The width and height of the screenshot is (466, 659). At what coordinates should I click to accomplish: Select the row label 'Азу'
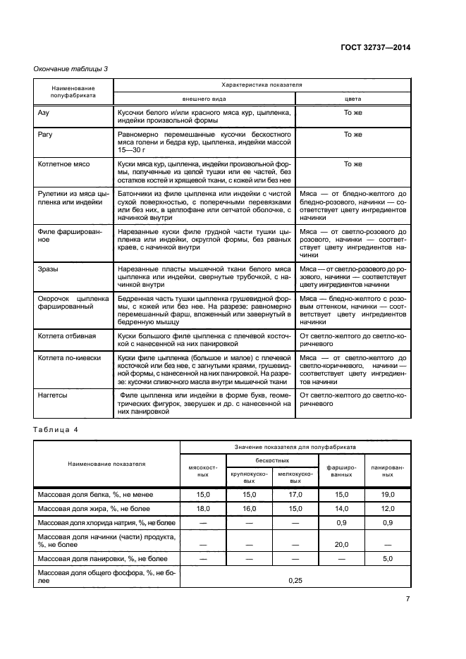[x=43, y=111]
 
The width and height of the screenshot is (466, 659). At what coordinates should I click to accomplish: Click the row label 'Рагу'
[x=45, y=134]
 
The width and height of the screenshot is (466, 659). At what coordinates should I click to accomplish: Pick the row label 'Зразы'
[x=48, y=269]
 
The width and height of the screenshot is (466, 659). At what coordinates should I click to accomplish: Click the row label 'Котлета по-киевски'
[x=69, y=358]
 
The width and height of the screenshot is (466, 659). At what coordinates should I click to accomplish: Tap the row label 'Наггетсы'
[x=53, y=395]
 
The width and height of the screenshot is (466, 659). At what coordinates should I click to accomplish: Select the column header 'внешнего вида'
[x=204, y=99]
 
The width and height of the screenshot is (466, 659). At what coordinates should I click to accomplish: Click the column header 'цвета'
[x=352, y=99]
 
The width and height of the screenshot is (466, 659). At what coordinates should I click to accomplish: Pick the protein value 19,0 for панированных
[x=388, y=495]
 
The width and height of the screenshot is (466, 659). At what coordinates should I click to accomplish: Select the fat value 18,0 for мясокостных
[x=203, y=507]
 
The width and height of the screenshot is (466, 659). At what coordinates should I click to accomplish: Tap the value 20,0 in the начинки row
[x=342, y=544]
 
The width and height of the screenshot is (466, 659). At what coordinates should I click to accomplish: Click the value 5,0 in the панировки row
[x=388, y=559]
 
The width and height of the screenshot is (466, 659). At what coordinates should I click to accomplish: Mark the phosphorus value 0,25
[x=295, y=579]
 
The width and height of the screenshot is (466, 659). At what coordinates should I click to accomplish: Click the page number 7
[x=407, y=600]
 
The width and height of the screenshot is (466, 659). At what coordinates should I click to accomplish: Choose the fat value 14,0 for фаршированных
[x=342, y=507]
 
